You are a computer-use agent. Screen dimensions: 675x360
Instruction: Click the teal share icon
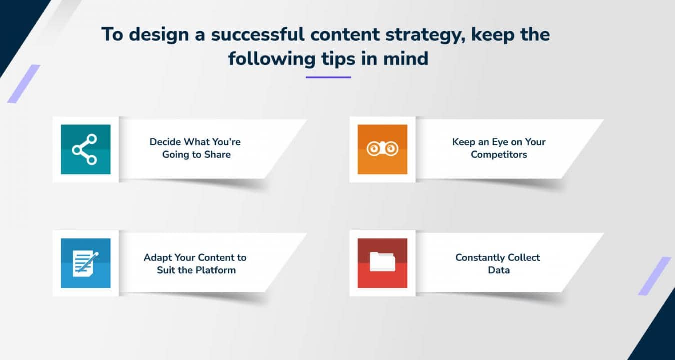(86, 149)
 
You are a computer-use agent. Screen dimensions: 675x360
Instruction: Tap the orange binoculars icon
(382, 149)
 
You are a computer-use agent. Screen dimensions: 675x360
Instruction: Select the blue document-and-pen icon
(86, 263)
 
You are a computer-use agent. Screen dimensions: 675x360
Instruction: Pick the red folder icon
(382, 263)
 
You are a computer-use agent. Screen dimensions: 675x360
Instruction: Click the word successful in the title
(258, 34)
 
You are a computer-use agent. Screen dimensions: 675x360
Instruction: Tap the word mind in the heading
(406, 58)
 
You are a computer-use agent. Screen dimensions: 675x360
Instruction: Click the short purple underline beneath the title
(328, 77)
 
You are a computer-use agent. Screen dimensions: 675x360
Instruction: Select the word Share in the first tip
(217, 154)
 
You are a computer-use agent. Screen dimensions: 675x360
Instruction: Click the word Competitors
(499, 155)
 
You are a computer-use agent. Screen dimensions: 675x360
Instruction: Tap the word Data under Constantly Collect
(499, 270)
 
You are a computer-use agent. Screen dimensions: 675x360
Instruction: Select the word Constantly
(480, 258)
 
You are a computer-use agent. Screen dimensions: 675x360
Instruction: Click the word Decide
(165, 142)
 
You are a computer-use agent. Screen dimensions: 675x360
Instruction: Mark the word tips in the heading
(338, 59)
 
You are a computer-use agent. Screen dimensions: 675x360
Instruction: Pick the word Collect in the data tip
(524, 258)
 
